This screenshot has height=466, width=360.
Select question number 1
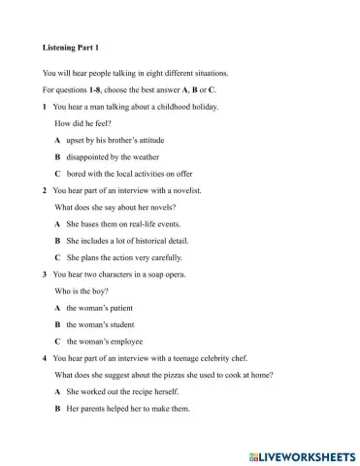[x=46, y=106]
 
